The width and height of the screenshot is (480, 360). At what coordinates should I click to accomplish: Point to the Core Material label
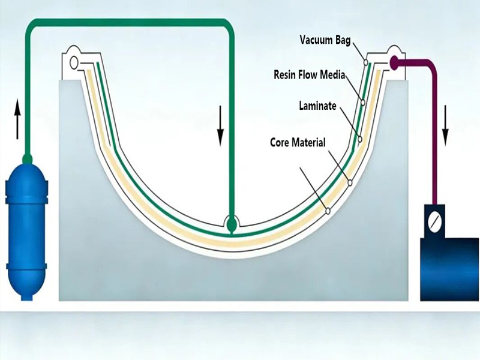click(x=298, y=143)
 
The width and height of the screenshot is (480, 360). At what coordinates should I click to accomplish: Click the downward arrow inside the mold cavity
click(x=220, y=126)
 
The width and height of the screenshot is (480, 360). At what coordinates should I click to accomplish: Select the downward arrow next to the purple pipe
click(x=445, y=125)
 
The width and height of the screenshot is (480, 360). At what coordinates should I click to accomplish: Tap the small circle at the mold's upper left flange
click(x=74, y=61)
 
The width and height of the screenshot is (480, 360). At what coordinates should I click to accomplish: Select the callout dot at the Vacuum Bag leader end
click(x=365, y=61)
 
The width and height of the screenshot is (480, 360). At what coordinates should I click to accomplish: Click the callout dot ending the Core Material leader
click(x=328, y=211)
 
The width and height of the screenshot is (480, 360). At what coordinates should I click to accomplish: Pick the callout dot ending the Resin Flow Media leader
click(x=362, y=103)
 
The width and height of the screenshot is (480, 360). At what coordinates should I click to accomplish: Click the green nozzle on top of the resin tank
click(x=26, y=158)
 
